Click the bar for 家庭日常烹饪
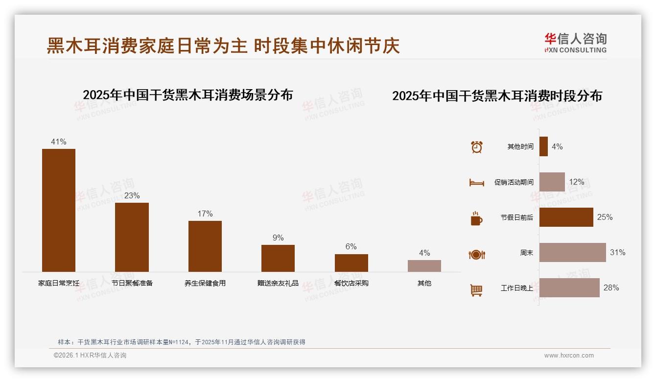pos(59,210)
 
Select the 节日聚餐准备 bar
pos(132,237)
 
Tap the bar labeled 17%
pos(205,246)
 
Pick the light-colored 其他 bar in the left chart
pos(424,265)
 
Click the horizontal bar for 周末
pos(572,253)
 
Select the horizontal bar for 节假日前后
pos(566,217)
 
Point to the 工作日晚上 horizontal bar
pos(569,288)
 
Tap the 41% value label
pos(59,142)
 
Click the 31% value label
pos(617,253)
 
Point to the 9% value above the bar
pos(278,238)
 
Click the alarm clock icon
pos(477,147)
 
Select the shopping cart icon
pos(476,290)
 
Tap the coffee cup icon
pos(476,218)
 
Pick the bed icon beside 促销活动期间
pos(476,183)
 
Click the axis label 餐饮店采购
pos(351,283)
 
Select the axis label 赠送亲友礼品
pos(278,283)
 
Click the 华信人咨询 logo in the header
pos(575,43)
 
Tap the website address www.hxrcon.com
pos(569,356)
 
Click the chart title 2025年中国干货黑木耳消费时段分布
pos(497,96)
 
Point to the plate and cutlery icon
pos(476,255)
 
